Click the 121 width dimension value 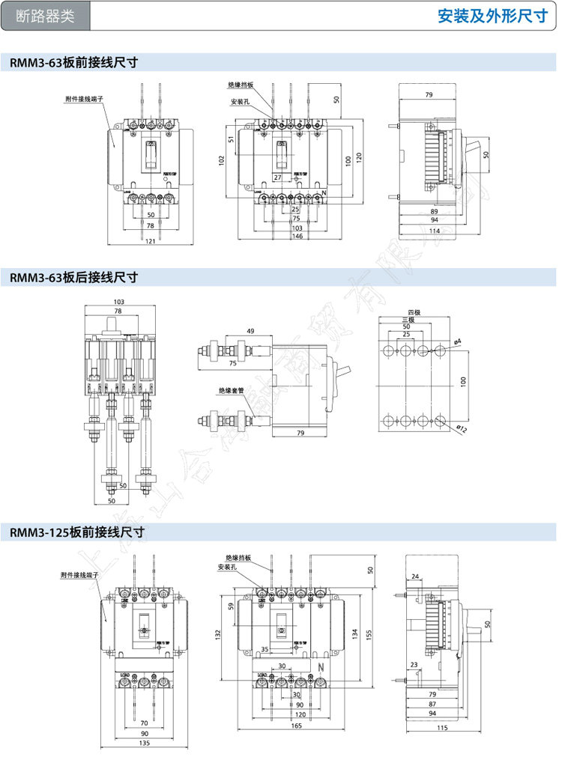150,240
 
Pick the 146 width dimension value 297,236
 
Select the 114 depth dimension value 434,231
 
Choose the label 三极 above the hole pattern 406,320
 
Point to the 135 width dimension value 145,744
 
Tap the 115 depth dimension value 442,728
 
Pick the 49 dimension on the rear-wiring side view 250,331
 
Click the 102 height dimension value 222,159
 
